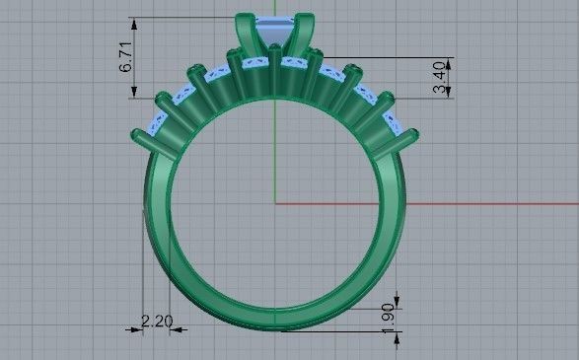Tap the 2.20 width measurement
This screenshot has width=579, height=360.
click(157, 320)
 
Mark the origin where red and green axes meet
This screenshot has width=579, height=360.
click(275, 204)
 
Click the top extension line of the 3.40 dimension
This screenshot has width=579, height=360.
click(395, 57)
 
